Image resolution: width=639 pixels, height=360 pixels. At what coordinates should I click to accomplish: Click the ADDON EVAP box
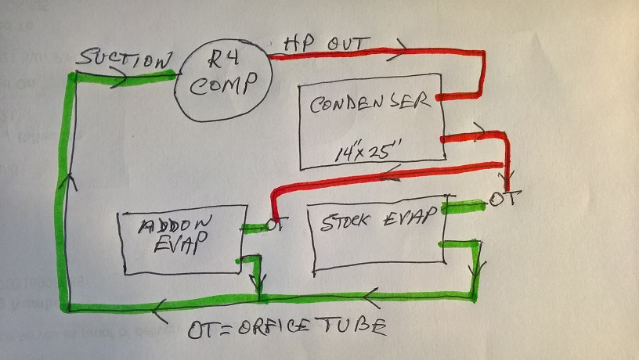(181, 241)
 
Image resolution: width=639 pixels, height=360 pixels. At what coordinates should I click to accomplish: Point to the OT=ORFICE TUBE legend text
(287, 329)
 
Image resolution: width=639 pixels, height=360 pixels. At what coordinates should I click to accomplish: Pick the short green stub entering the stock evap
(462, 207)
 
